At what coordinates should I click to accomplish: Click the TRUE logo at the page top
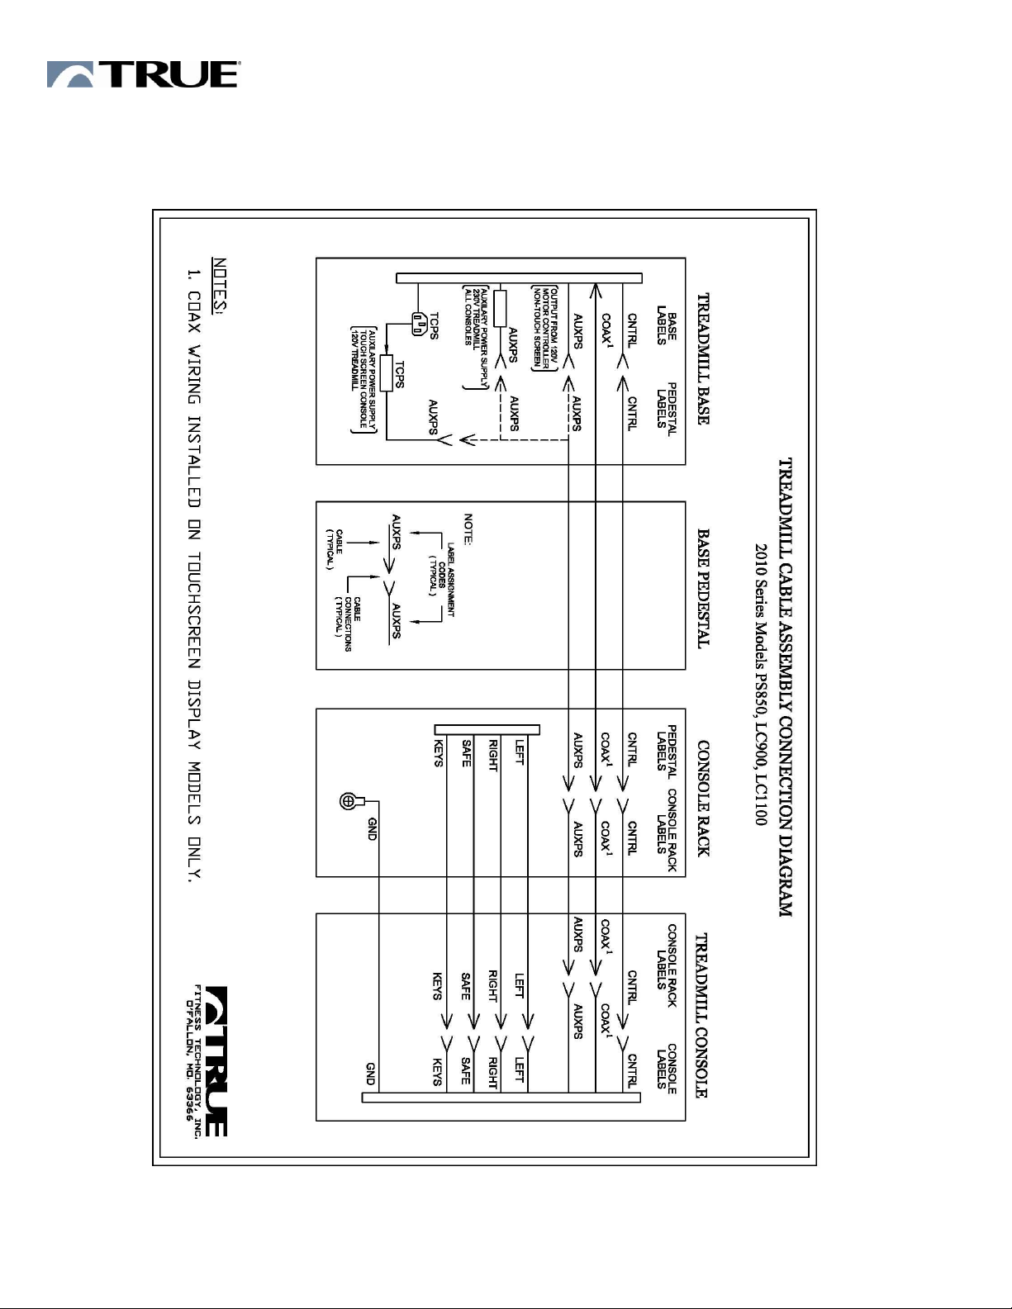(143, 74)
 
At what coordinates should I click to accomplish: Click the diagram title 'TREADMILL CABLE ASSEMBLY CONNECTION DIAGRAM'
(786, 687)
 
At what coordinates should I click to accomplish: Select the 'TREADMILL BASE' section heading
(703, 358)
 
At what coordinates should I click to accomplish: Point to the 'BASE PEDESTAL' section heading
(703, 588)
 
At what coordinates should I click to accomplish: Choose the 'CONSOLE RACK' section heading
(703, 797)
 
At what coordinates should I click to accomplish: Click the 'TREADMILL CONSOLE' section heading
(701, 1015)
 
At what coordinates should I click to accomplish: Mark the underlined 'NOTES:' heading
(219, 286)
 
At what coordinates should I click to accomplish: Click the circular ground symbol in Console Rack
(349, 800)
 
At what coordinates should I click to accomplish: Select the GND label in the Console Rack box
(372, 828)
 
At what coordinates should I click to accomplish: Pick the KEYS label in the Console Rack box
(438, 752)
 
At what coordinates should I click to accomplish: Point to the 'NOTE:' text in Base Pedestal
(468, 529)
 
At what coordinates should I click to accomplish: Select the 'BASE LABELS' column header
(667, 325)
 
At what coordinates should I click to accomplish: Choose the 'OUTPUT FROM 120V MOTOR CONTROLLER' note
(544, 327)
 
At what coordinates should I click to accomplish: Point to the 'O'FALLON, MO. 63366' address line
(189, 1060)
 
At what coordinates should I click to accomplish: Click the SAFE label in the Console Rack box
(467, 752)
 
